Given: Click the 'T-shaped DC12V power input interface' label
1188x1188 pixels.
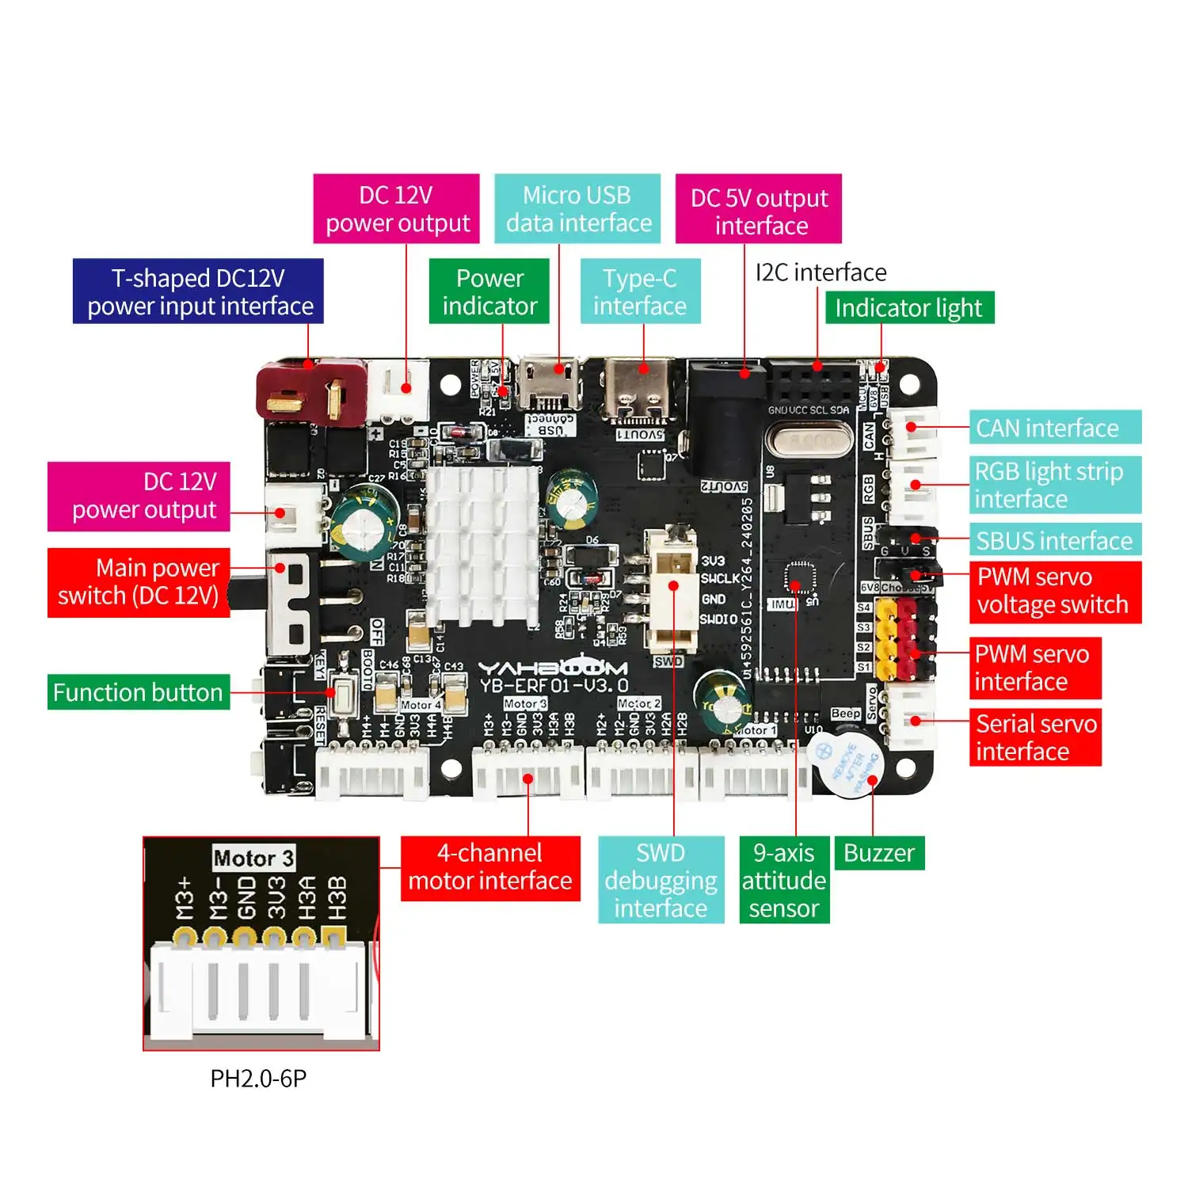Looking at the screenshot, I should tap(198, 291).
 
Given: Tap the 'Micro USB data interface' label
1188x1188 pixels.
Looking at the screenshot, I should tap(577, 209).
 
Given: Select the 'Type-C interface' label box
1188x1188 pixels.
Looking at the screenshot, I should tap(640, 291).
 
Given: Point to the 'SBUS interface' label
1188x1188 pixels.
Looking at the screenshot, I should tap(1054, 541).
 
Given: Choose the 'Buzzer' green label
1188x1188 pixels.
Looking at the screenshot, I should tap(879, 853).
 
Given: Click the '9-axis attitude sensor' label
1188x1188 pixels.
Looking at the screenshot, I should tap(784, 880).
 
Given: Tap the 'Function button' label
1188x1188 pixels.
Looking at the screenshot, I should tap(139, 692).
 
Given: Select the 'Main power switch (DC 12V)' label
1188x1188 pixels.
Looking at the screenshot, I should tap(139, 582).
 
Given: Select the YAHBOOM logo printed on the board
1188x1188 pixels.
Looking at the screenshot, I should tap(553, 667).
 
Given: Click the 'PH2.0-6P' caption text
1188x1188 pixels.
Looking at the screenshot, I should tap(258, 1079).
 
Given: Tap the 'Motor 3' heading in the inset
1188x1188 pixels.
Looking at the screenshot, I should tap(253, 858).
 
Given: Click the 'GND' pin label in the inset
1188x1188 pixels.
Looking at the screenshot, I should tap(247, 897).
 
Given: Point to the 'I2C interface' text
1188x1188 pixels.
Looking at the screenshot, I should tap(821, 272).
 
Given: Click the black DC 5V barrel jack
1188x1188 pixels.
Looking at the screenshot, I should tap(725, 420).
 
